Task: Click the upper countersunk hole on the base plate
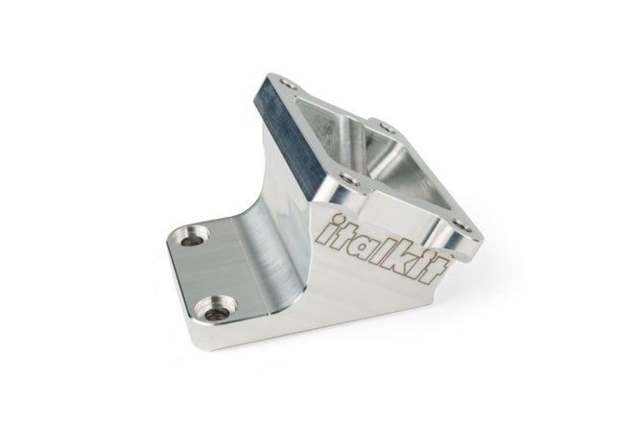coord(195,235)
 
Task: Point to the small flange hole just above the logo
coord(350,178)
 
